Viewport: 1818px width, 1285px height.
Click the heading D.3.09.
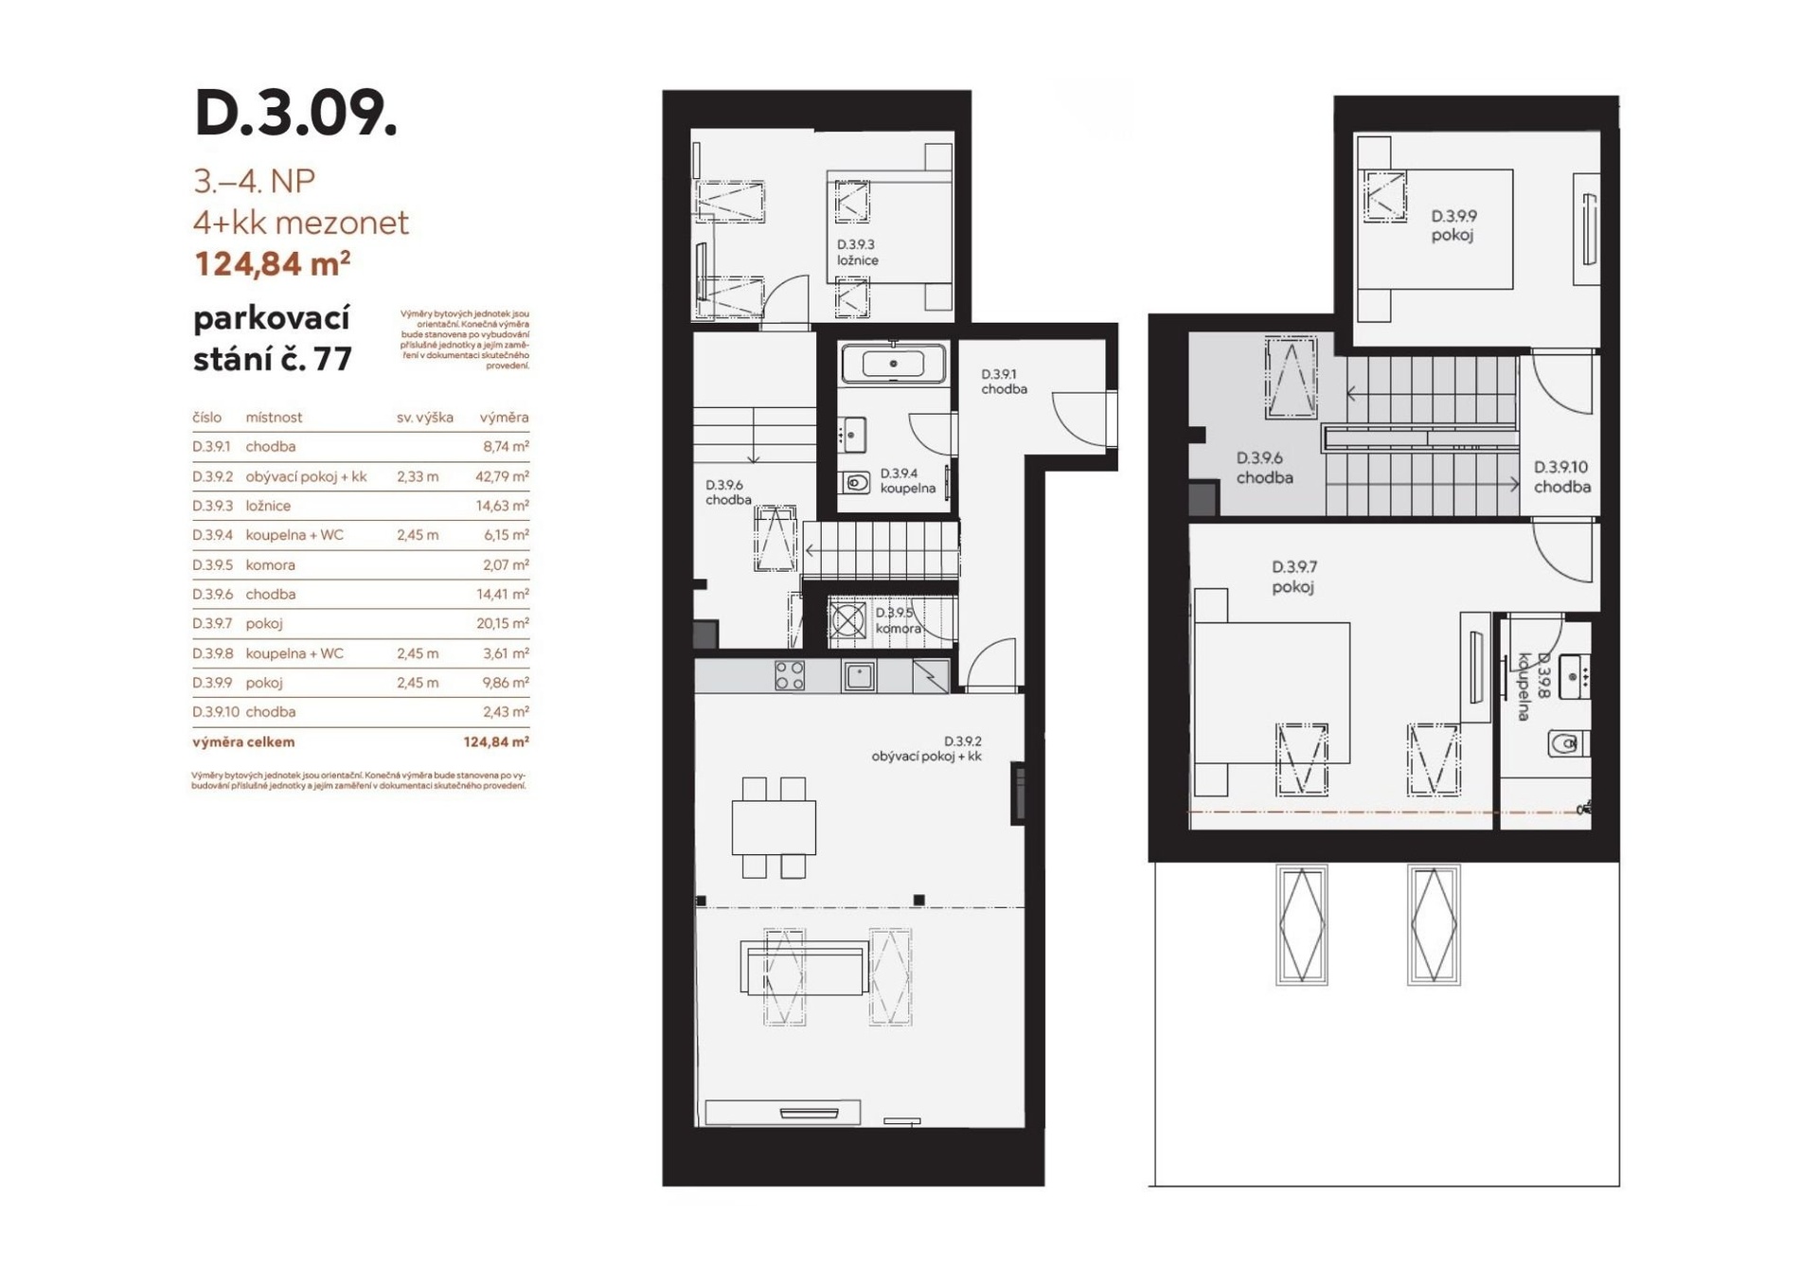(x=295, y=114)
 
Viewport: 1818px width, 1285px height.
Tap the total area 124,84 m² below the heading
(x=272, y=263)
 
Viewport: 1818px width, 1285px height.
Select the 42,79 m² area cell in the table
(x=502, y=476)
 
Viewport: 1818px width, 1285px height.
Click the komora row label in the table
(x=270, y=564)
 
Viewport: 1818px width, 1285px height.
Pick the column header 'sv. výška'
(x=424, y=418)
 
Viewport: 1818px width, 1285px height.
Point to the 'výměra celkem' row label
(x=243, y=741)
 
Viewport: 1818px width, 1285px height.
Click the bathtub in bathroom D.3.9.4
(x=893, y=363)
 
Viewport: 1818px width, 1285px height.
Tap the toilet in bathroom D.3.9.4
(x=855, y=483)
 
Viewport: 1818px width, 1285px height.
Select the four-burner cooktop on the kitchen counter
(x=790, y=675)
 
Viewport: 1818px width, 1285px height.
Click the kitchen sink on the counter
(x=860, y=676)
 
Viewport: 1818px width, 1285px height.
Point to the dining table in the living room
(x=774, y=828)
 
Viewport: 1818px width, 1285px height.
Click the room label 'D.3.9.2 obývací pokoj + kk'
(x=927, y=748)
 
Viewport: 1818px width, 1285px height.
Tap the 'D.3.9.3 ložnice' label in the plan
(x=857, y=253)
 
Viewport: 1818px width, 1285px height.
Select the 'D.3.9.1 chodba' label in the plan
(x=1004, y=382)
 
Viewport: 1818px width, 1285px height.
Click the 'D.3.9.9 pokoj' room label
(x=1453, y=225)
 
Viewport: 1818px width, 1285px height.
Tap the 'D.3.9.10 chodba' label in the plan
(x=1561, y=477)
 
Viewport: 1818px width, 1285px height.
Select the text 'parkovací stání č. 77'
(x=273, y=339)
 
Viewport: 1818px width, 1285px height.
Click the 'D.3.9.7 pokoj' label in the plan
(x=1293, y=577)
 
